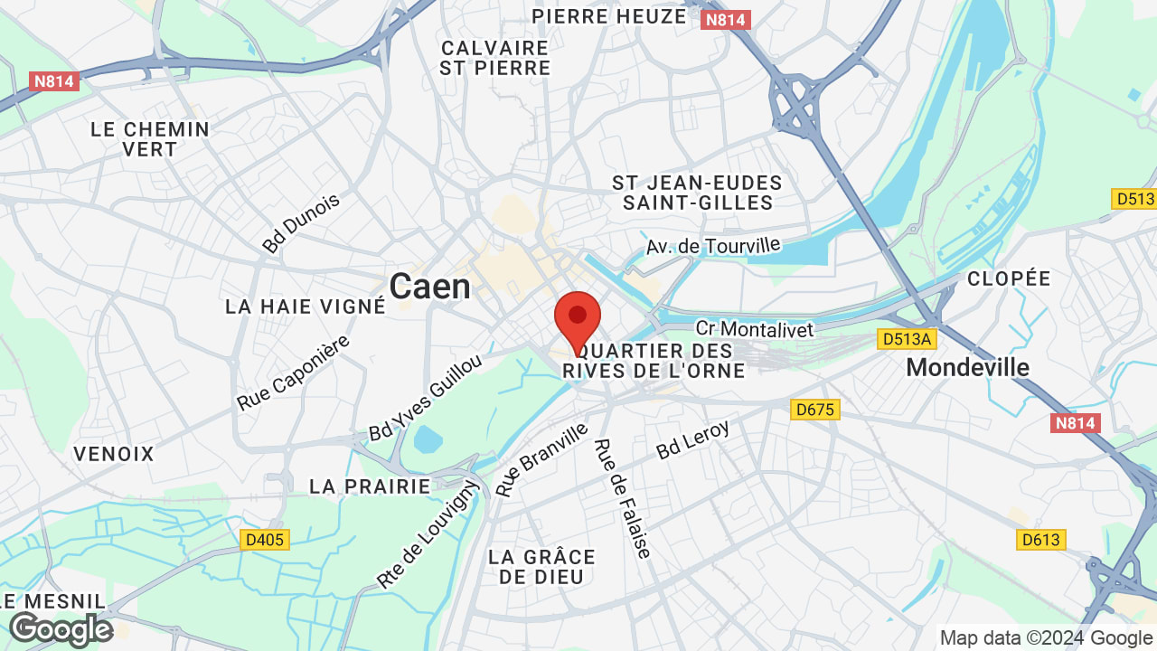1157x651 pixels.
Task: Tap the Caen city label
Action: click(429, 288)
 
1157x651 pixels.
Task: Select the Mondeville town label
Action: click(967, 367)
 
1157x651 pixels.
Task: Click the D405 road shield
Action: click(265, 540)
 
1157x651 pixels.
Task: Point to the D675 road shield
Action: click(815, 410)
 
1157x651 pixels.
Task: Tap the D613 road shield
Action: click(1040, 540)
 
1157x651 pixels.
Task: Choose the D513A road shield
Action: click(907, 339)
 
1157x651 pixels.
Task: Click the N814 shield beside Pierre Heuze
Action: click(726, 20)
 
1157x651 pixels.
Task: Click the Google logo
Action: click(61, 629)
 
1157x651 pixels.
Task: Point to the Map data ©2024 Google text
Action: click(1047, 637)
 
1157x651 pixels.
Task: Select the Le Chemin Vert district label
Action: click(150, 140)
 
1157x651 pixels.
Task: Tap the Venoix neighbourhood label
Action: click(115, 454)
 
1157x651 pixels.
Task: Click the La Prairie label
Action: click(370, 486)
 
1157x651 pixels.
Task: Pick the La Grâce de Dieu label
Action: click(541, 567)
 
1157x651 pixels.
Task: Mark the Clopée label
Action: click(1009, 278)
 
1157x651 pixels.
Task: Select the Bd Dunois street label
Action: click(301, 222)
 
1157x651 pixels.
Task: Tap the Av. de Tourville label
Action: click(712, 245)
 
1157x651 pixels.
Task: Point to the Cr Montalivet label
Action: click(755, 328)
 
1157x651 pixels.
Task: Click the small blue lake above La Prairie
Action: click(428, 439)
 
